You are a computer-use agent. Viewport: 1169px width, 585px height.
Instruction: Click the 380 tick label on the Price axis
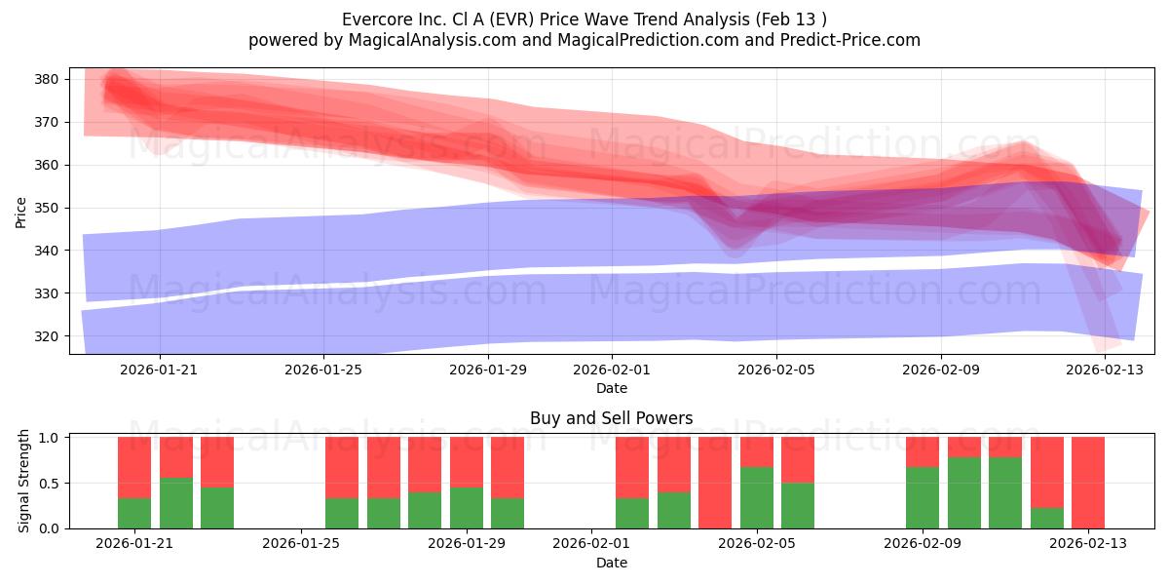click(x=46, y=79)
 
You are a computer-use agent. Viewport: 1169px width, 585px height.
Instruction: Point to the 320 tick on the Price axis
click(x=46, y=336)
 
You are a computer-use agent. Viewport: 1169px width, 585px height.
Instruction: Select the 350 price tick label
click(x=46, y=208)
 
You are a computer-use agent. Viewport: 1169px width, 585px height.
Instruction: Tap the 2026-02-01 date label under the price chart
click(x=612, y=370)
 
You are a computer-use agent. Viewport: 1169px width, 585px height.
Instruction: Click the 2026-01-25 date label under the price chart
click(x=323, y=370)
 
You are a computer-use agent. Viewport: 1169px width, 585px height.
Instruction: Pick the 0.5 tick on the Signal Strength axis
click(x=49, y=484)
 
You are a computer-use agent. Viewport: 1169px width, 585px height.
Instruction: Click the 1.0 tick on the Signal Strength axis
click(x=49, y=437)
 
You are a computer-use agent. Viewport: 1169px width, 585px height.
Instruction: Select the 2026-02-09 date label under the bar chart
click(x=923, y=543)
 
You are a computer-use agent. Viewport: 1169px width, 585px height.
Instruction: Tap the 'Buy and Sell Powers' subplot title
click(x=611, y=418)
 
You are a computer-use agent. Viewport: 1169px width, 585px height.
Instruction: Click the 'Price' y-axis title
click(x=20, y=213)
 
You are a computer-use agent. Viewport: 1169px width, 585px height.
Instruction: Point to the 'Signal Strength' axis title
click(x=23, y=481)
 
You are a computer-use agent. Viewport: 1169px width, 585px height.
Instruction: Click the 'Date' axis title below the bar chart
click(x=612, y=563)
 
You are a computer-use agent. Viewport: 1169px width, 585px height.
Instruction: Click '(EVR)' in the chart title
click(x=515, y=19)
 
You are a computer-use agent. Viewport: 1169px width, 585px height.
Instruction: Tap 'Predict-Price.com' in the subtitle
click(x=850, y=40)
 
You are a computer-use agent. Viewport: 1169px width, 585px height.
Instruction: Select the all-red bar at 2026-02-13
click(x=1088, y=483)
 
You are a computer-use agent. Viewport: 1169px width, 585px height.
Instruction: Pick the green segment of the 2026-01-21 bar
click(x=134, y=514)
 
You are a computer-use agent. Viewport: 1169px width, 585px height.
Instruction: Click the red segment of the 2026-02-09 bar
click(x=923, y=451)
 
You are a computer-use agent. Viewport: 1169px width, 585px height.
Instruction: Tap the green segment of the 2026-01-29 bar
click(x=466, y=508)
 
